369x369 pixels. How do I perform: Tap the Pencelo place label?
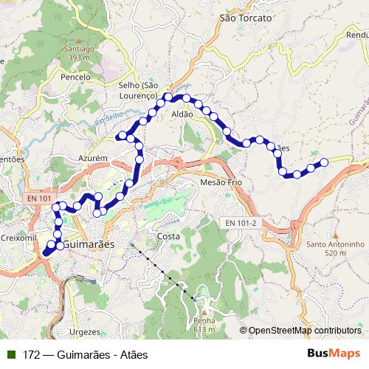(76, 77)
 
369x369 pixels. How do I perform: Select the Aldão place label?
(182, 114)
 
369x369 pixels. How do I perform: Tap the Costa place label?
(168, 236)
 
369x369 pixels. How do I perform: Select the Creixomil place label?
(18, 238)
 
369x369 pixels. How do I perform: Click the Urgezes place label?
(83, 332)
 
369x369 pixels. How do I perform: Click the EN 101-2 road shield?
(241, 223)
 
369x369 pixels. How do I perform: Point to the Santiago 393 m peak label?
(80, 53)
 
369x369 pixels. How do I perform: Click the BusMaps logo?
(334, 354)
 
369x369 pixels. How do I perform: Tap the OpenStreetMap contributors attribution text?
(305, 331)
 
